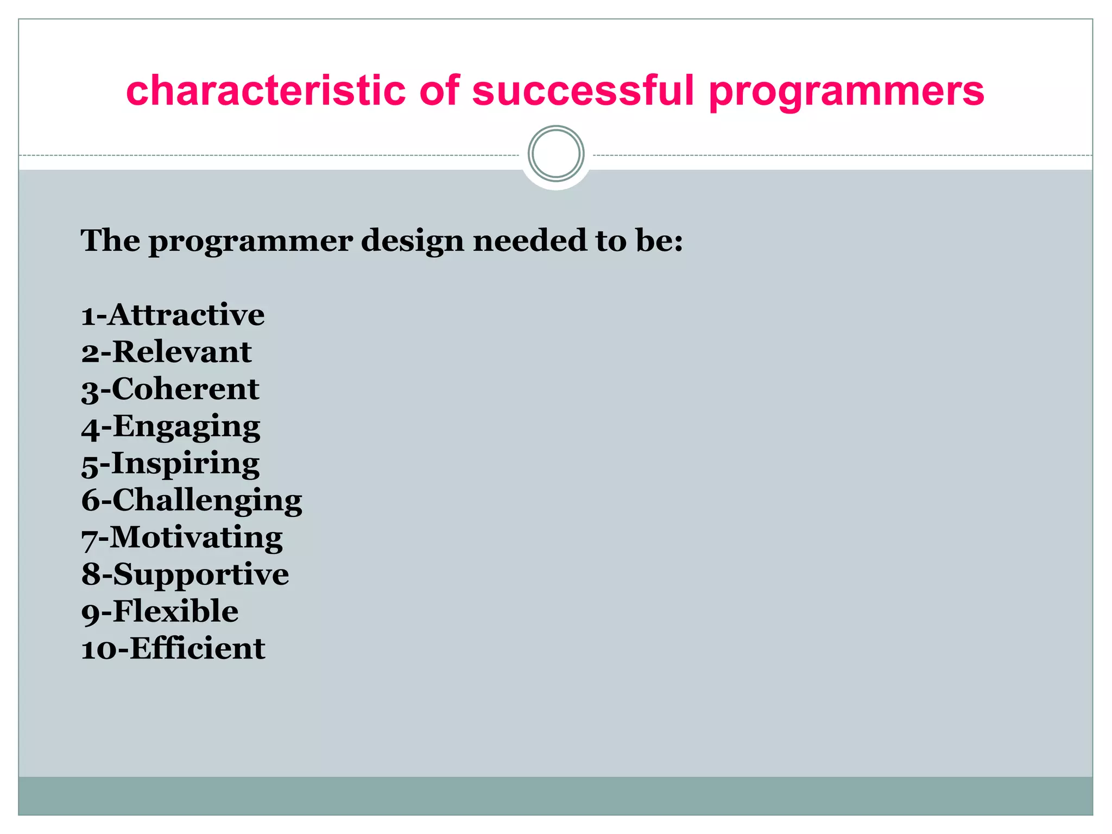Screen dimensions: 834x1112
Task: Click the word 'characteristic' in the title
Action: [x=266, y=90]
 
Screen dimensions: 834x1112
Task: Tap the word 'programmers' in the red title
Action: [x=846, y=92]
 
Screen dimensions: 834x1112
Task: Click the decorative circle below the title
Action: [x=556, y=154]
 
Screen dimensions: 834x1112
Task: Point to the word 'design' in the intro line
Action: [x=413, y=241]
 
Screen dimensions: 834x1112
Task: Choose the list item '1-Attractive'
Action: [x=173, y=315]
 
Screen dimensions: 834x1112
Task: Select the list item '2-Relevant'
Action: [x=167, y=352]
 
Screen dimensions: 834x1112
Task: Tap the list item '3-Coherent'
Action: [x=170, y=389]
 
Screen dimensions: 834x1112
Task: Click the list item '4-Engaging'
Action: [x=171, y=427]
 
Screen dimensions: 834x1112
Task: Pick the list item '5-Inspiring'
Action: [x=170, y=464]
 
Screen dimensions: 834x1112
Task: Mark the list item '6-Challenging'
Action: [x=192, y=501]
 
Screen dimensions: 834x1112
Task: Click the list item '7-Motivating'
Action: [x=182, y=538]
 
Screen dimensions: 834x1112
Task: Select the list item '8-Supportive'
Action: [x=185, y=575]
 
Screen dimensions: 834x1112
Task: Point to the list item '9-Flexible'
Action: [x=160, y=612]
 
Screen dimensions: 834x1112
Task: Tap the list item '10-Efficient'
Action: [x=173, y=649]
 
